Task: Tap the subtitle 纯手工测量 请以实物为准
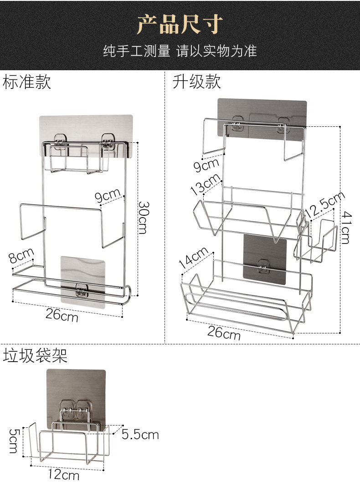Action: (180, 51)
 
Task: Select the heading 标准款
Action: (26, 83)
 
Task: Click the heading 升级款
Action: (197, 82)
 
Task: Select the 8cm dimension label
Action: (21, 255)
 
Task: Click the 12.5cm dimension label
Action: (324, 205)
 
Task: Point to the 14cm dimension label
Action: (193, 258)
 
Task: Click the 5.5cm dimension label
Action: (140, 435)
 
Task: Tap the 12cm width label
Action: (63, 474)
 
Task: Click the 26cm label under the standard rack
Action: (62, 314)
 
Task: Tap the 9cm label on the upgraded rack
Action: (206, 165)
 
